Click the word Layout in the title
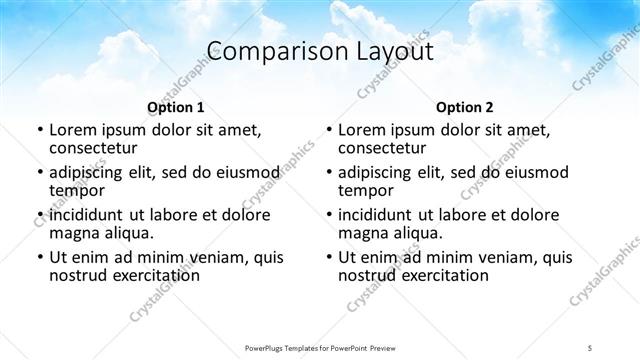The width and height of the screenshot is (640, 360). (x=384, y=52)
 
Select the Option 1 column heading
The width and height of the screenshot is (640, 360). (x=175, y=106)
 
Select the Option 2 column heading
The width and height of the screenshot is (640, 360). (x=464, y=106)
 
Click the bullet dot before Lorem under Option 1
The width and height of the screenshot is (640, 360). (x=39, y=130)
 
